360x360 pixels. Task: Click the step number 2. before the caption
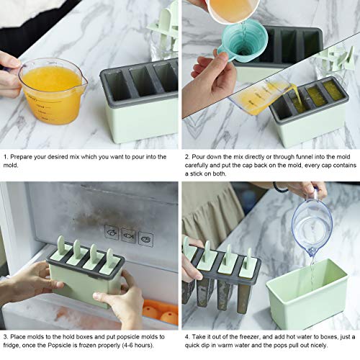188,155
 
